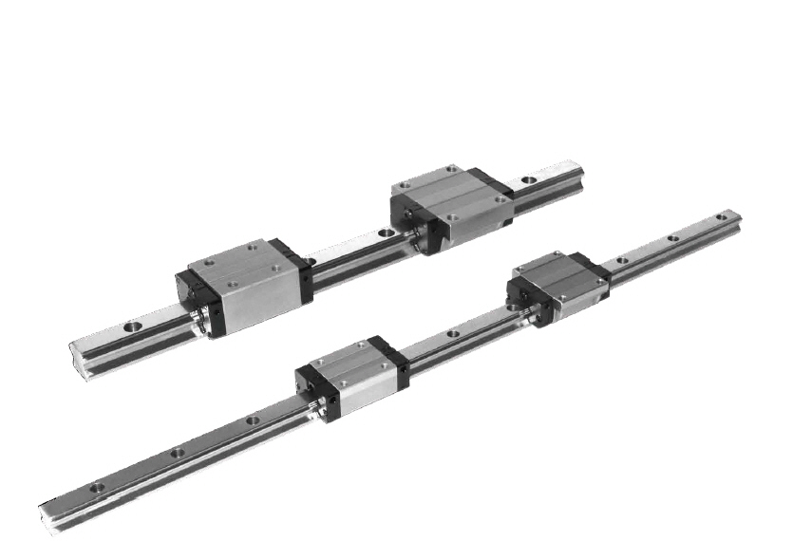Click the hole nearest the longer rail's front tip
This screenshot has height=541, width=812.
[96, 489]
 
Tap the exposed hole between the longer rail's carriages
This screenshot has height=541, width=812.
[452, 334]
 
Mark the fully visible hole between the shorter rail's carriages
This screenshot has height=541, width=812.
[384, 231]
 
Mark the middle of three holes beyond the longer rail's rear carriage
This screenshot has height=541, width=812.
[673, 238]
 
